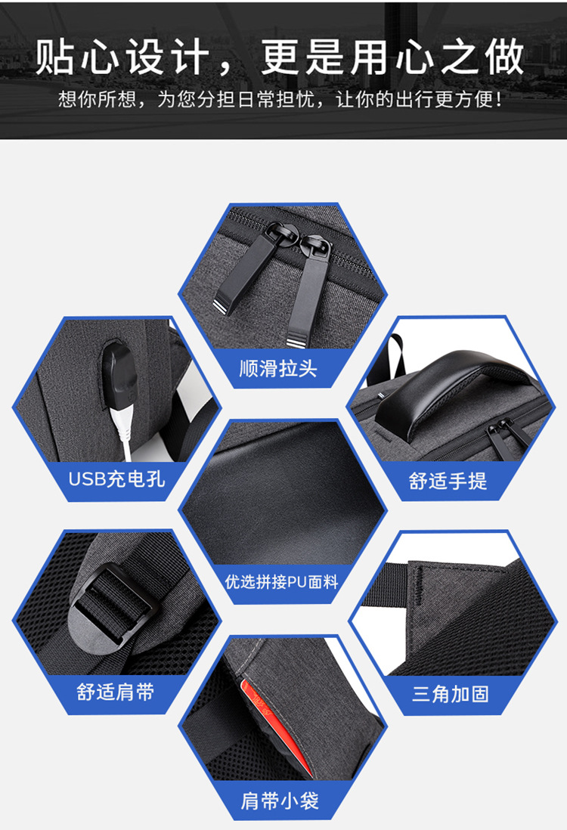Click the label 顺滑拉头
[277, 369]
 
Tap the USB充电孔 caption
[116, 478]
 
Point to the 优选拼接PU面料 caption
[282, 582]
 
